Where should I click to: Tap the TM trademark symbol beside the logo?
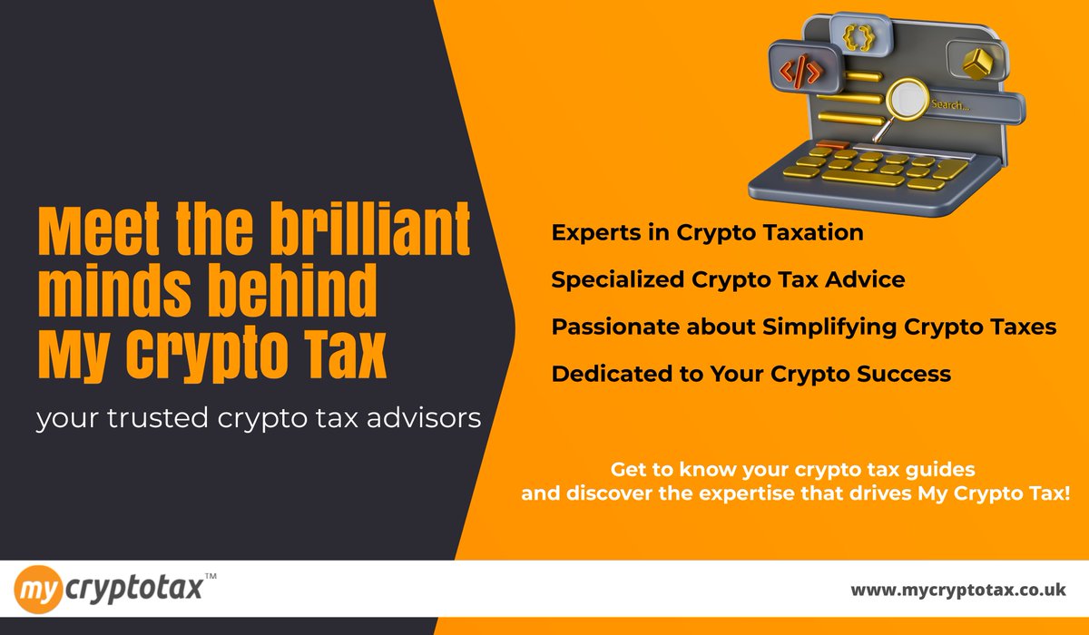click(211, 576)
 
